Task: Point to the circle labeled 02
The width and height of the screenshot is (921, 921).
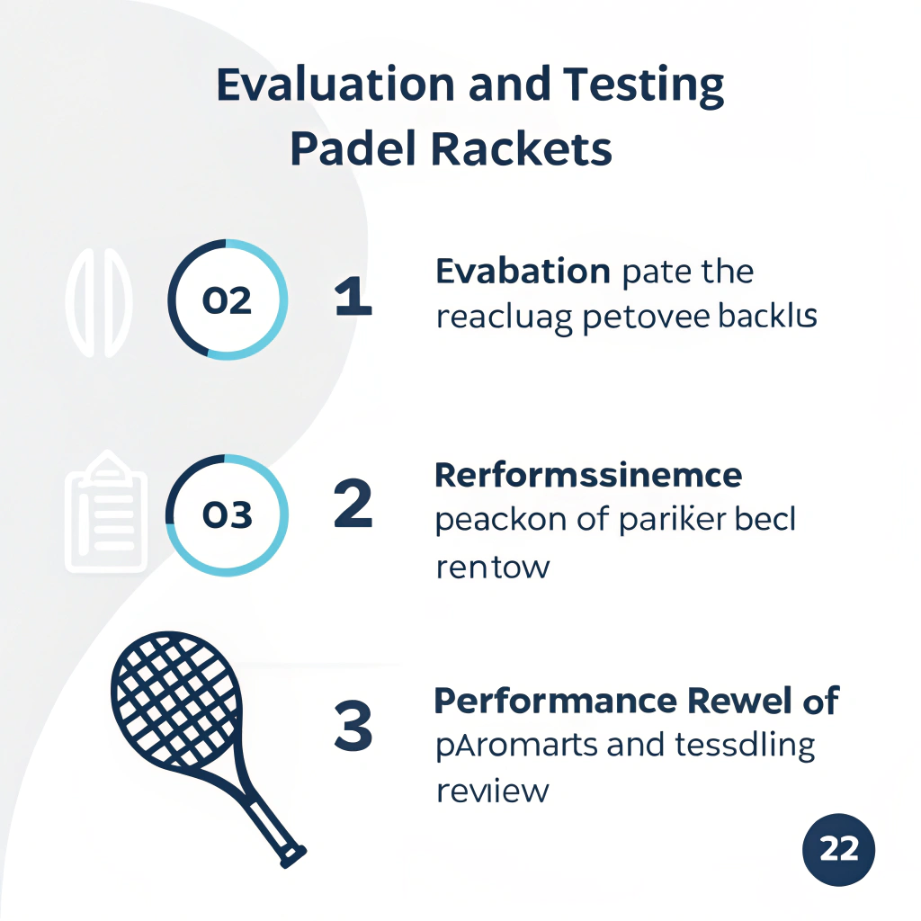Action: click(227, 300)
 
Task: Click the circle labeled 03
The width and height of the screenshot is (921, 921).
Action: click(227, 514)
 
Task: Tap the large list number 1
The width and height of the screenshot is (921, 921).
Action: click(353, 297)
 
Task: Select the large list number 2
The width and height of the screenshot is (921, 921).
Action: click(353, 505)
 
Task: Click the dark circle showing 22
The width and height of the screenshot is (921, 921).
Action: click(838, 849)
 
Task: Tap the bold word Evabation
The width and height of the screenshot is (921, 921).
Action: click(523, 272)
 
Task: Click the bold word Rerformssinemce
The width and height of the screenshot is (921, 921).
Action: click(588, 475)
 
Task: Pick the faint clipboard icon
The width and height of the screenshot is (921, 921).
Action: click(106, 513)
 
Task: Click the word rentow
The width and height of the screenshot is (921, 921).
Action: click(491, 568)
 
